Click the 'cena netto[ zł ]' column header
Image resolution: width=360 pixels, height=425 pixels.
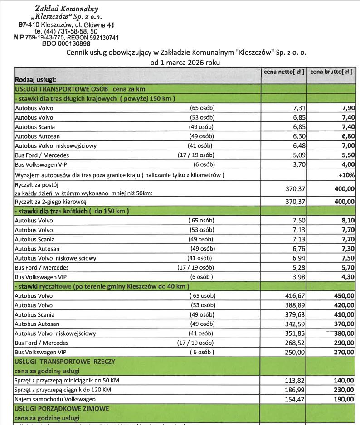click(284, 72)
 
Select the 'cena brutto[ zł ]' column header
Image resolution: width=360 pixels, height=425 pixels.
click(331, 72)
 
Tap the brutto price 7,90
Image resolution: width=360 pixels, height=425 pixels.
click(348, 108)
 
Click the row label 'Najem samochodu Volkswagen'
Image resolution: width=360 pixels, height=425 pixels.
click(55, 399)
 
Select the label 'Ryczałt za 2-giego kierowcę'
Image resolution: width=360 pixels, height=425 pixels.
click(51, 202)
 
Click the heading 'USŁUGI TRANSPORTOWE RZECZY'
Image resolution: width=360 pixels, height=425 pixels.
click(65, 362)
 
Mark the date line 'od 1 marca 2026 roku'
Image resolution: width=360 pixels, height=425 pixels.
click(185, 63)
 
